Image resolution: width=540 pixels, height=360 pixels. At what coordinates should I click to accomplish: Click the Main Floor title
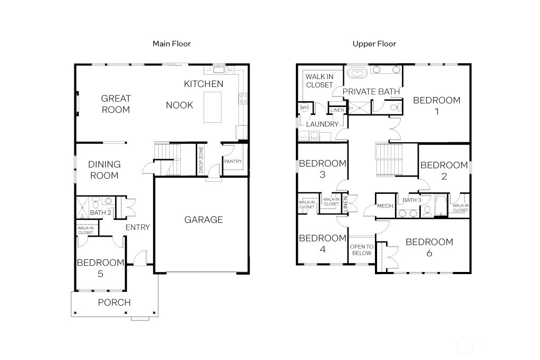tap(171, 44)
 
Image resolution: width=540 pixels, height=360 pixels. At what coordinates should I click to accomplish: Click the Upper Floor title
tap(374, 44)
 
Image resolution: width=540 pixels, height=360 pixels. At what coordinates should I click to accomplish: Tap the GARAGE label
tap(204, 220)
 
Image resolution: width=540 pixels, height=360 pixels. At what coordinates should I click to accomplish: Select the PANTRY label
tap(233, 161)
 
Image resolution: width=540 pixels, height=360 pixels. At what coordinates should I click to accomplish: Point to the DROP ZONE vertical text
tap(201, 160)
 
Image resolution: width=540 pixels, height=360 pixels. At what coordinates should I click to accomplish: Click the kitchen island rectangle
tap(213, 107)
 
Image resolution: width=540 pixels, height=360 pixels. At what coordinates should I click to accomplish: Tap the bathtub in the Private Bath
tap(358, 73)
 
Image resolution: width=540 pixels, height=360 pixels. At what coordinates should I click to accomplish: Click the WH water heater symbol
tap(304, 108)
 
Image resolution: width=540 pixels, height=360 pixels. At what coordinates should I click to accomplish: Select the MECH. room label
tap(385, 206)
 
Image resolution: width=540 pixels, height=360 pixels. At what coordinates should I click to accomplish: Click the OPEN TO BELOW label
tap(362, 250)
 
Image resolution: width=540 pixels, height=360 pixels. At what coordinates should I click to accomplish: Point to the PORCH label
tap(114, 303)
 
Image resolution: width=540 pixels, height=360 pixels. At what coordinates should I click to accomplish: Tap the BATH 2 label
tap(101, 213)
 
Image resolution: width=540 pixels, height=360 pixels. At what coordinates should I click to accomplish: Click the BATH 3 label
tap(412, 200)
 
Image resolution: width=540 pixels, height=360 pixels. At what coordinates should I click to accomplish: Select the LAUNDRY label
tap(322, 124)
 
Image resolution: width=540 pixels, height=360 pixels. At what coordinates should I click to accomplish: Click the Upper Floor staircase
tap(389, 160)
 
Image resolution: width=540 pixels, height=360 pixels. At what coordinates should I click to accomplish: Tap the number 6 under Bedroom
tap(429, 254)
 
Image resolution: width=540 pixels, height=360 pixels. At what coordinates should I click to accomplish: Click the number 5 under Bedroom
tap(100, 274)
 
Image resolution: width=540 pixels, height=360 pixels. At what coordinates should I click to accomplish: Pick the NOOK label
tap(179, 105)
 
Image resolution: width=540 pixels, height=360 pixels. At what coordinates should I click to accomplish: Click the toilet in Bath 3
tap(427, 211)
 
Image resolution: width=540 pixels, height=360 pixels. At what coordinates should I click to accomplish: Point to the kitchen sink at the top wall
tap(219, 70)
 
